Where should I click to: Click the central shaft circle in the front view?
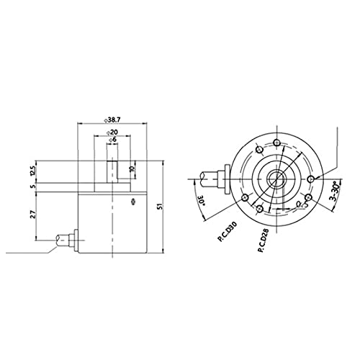pyautogui.click(x=276, y=177)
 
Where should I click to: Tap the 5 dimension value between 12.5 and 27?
pyautogui.click(x=32, y=186)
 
